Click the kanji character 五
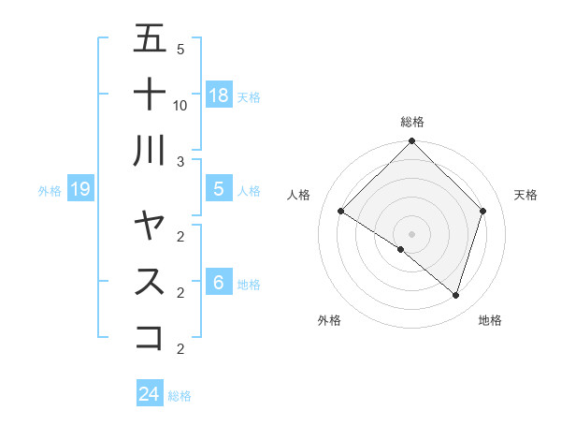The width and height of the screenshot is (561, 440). pos(150,40)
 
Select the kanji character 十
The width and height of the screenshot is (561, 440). pos(150,95)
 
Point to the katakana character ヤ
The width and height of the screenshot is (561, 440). pos(150,226)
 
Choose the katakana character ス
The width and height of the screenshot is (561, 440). pos(150,281)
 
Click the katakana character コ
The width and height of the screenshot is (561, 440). pos(150,336)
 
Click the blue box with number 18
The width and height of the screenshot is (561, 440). pos(219,95)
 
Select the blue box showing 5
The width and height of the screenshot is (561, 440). pos(219,189)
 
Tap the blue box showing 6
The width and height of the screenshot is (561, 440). pos(219,283)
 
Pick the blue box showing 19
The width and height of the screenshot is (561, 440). pos(80,189)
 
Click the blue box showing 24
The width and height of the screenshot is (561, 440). pos(150,394)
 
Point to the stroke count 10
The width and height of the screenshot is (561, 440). pos(180,105)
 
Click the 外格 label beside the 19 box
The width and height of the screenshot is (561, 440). pos(50,191)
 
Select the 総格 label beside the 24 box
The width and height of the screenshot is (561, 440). pos(180,396)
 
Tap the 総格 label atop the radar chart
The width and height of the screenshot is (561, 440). pos(411,122)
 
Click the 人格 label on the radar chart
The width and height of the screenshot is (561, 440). pos(299,195)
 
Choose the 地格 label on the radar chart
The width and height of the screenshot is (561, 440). pos(490,320)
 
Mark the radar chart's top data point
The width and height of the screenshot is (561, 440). pos(411,142)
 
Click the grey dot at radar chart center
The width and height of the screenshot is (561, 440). pos(411,233)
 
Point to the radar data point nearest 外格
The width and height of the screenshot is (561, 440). pos(401,249)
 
